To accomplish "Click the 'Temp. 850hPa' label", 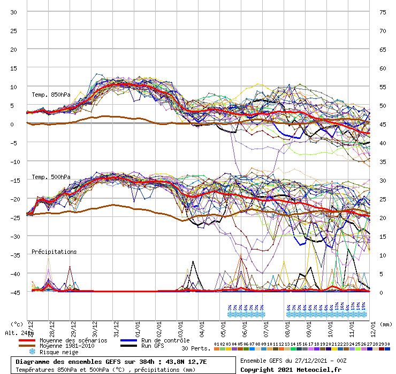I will click(51, 95).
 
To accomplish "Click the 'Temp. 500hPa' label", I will click(51, 177).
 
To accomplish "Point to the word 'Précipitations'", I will click(54, 252).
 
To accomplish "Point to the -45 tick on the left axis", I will click(14, 292).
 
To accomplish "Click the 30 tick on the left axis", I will click(14, 12).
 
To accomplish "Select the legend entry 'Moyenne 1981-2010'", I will click(68, 346).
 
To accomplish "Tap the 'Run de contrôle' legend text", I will click(165, 340).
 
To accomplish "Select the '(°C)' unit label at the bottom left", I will click(17, 324).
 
